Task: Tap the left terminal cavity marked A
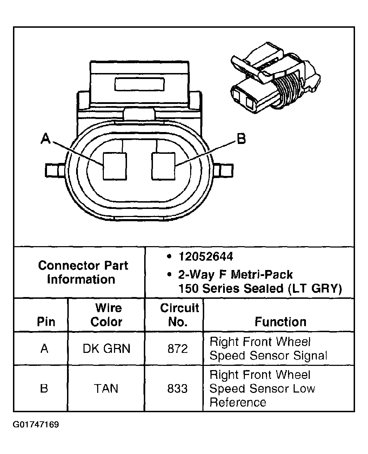tap(114, 166)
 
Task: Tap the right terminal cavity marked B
tap(163, 166)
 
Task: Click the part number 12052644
tap(206, 257)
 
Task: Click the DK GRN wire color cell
tap(106, 348)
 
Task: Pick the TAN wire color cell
tap(106, 388)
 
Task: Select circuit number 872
tap(178, 349)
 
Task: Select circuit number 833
tap(178, 388)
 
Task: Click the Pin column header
tap(46, 322)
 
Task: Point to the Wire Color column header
tap(106, 315)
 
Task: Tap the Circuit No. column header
tap(179, 315)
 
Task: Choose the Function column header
tap(280, 322)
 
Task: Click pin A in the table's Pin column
tap(44, 349)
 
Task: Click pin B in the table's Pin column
tap(44, 388)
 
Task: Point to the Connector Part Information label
tap(83, 272)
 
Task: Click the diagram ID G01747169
tap(36, 425)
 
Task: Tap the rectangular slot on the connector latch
tap(139, 85)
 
